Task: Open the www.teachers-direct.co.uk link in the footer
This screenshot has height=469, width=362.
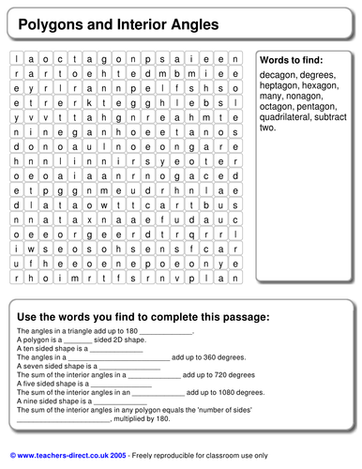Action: click(x=71, y=455)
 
